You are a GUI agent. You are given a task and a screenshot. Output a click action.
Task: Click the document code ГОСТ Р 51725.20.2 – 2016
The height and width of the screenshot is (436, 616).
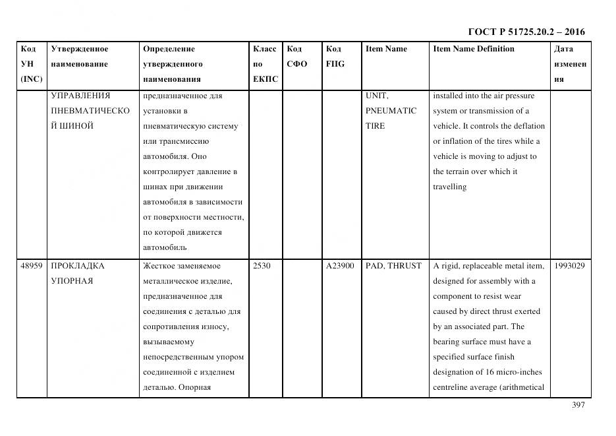526,32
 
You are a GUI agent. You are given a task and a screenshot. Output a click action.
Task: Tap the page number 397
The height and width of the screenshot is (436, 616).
578,405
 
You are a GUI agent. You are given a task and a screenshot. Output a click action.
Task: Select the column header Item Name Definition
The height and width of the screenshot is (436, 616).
473,49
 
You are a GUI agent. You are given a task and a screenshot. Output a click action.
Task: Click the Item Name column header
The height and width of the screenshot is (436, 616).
386,49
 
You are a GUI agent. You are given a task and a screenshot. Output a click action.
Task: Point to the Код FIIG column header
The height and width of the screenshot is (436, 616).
335,56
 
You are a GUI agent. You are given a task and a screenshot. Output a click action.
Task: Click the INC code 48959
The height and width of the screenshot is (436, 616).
32,266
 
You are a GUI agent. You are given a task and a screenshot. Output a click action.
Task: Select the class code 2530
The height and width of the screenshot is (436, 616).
262,266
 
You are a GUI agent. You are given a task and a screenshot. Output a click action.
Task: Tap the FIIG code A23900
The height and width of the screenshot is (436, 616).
340,266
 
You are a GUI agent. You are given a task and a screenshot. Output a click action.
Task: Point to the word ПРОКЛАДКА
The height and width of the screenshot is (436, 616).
78,266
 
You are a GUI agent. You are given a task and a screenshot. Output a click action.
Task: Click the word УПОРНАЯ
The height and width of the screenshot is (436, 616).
72,281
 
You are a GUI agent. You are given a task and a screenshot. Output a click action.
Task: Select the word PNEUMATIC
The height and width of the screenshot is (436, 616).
391,111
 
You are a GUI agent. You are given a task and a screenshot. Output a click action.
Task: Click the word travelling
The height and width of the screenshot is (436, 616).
449,187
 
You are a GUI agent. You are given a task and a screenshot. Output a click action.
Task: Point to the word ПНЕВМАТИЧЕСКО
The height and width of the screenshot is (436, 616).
90,111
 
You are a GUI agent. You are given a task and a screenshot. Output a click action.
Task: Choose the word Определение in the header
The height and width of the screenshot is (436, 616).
169,49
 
